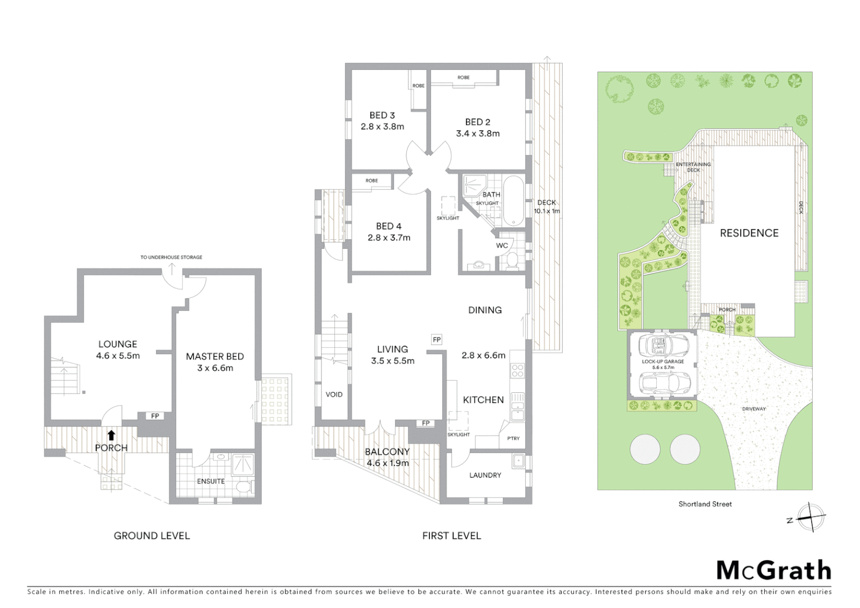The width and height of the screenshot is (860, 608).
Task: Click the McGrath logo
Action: point(773,570)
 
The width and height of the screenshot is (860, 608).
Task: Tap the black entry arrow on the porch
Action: point(111,435)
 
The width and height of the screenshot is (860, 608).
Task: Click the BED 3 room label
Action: point(382,115)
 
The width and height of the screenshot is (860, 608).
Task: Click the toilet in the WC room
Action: point(512,260)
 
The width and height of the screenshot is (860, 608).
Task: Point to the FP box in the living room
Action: point(436,339)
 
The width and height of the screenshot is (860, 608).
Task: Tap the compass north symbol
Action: point(810,517)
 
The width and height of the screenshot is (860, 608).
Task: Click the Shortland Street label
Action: point(705,504)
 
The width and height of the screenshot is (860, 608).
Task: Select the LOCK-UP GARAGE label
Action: point(663,361)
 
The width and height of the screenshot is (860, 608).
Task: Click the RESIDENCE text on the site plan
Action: point(749,233)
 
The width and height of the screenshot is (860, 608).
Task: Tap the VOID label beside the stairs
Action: point(334,395)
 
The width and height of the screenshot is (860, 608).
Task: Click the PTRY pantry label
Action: point(513,438)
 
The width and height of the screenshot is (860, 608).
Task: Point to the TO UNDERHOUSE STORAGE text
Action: point(171,257)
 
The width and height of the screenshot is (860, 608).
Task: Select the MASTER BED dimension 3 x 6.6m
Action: point(215,368)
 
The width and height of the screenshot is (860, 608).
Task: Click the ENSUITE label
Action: point(210,481)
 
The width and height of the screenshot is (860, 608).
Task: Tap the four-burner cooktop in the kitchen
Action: point(517,370)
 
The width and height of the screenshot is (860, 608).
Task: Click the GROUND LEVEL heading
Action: point(151,536)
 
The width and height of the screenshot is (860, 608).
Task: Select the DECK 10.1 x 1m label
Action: point(547,207)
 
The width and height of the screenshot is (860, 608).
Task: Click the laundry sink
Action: point(518,461)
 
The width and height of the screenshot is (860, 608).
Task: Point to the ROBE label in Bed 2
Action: point(463,78)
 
